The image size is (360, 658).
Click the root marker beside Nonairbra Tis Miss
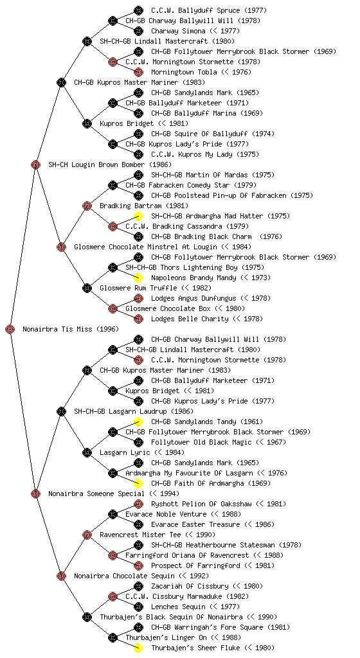10,330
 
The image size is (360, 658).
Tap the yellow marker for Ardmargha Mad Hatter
138,216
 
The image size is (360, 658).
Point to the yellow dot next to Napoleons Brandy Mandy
138,278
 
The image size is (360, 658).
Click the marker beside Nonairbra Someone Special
35,494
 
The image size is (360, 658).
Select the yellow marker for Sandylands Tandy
138,422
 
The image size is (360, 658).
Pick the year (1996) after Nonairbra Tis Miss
107,330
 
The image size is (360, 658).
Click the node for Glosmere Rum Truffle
87,289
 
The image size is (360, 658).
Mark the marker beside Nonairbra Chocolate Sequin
61,576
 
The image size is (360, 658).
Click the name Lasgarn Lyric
125,453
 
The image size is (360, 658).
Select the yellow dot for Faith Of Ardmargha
138,483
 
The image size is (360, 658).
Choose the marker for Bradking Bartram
87,206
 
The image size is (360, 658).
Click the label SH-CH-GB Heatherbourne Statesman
213,545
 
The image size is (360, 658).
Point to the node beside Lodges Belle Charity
138,319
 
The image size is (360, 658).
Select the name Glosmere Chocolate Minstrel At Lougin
145,247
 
